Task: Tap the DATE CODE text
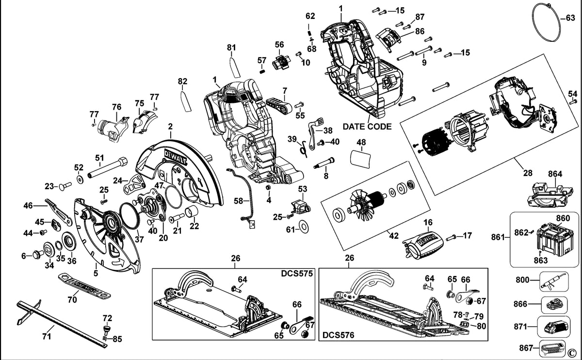click(367, 127)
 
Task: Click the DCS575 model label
click(297, 274)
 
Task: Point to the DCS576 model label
click(339, 335)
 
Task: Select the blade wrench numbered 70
click(85, 286)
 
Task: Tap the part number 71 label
click(47, 337)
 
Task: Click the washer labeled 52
click(80, 180)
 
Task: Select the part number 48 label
click(361, 142)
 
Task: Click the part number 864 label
click(555, 174)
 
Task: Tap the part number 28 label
click(528, 173)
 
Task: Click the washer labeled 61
click(304, 228)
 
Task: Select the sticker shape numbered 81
click(235, 67)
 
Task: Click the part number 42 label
click(394, 235)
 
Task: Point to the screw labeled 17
click(451, 237)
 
